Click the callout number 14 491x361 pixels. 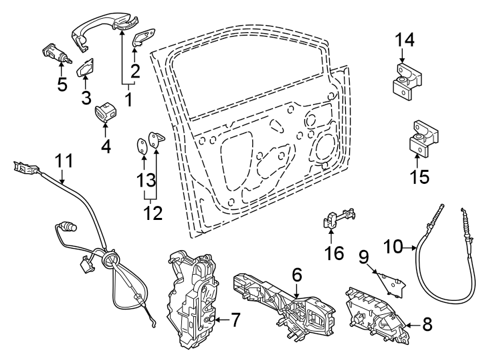click(x=404, y=40)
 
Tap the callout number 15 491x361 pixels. click(x=419, y=177)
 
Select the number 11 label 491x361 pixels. click(x=63, y=161)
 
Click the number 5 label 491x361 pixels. click(x=62, y=85)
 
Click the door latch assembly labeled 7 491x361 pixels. click(x=196, y=298)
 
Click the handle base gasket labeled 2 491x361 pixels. click(x=144, y=39)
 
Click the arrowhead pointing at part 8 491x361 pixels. click(x=407, y=326)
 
